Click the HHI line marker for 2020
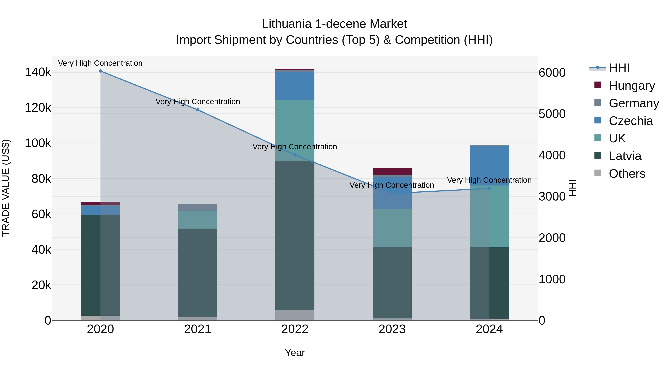pyautogui.click(x=101, y=71)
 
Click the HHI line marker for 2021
pyautogui.click(x=198, y=110)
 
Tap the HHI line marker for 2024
pyautogui.click(x=489, y=188)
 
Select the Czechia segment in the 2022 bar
pyautogui.click(x=295, y=86)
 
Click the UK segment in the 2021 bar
pyautogui.click(x=198, y=219)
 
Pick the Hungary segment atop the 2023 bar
pyautogui.click(x=392, y=172)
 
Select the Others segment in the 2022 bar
pyautogui.click(x=295, y=315)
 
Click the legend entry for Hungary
pyautogui.click(x=632, y=86)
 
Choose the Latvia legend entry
pyautogui.click(x=625, y=156)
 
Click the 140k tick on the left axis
pyautogui.click(x=38, y=72)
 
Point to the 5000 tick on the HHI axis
pyautogui.click(x=552, y=114)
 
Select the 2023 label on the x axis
pyautogui.click(x=392, y=329)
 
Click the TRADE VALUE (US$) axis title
pyautogui.click(x=6, y=188)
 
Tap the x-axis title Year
pyautogui.click(x=295, y=353)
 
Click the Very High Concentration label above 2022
pyautogui.click(x=295, y=147)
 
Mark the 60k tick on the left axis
pyautogui.click(x=41, y=214)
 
